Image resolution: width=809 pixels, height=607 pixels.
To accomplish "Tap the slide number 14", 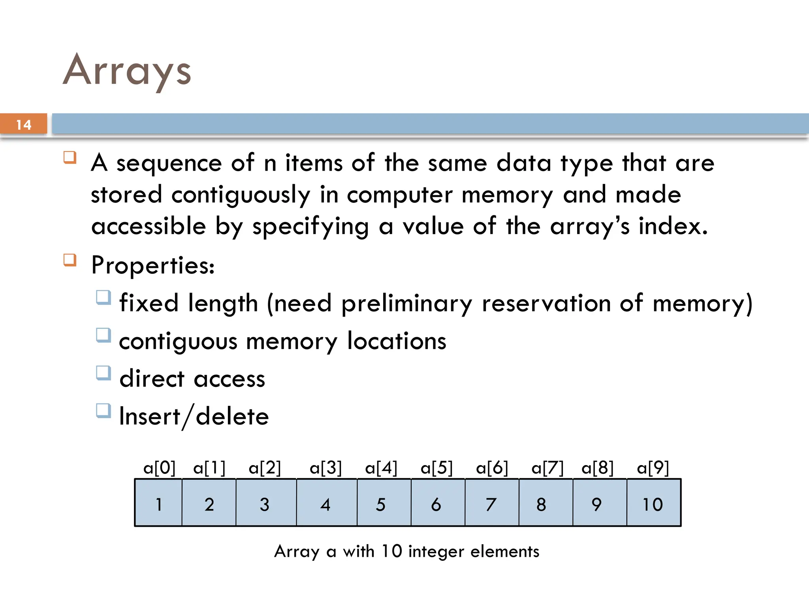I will (24, 125).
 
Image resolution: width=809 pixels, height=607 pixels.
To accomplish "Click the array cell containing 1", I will (158, 503).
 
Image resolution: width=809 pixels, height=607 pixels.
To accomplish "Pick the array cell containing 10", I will (653, 503).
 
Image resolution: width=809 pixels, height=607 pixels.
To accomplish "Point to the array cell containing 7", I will (491, 503).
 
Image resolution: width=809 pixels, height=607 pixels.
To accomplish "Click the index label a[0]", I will (159, 468).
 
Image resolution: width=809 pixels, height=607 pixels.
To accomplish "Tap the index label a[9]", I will (653, 468).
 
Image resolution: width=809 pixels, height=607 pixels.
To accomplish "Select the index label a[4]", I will (381, 468).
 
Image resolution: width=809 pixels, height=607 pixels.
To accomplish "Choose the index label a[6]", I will (492, 468).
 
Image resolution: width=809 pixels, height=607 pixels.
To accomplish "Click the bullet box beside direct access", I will (103, 373).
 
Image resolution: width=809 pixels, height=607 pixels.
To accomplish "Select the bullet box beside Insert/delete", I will (103, 411).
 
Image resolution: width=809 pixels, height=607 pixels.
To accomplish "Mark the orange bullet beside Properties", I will (70, 260).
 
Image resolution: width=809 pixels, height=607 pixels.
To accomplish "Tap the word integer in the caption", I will (436, 551).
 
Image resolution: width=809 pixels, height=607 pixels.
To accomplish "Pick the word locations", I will (397, 341).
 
